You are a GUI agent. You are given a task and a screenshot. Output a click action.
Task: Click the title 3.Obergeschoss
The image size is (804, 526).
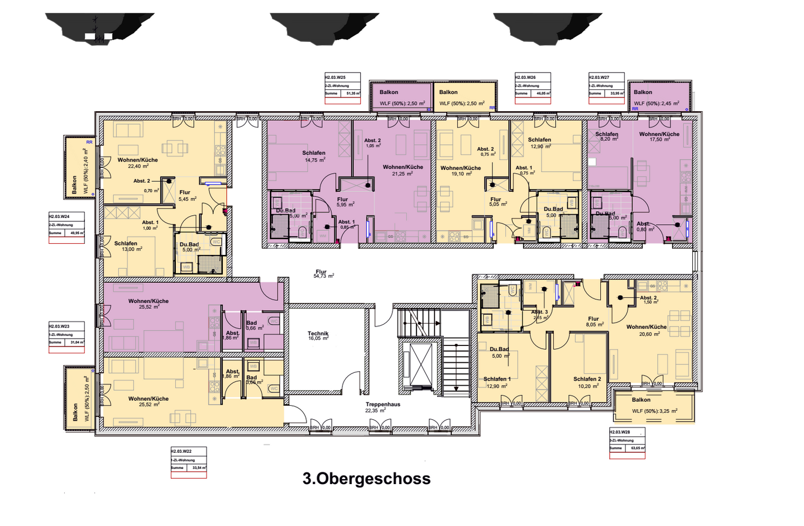pyautogui.click(x=366, y=478)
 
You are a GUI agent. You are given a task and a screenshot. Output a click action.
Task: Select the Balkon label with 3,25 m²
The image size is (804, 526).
pyautogui.click(x=642, y=400)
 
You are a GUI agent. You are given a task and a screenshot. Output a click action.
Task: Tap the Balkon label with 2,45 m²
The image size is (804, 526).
pyautogui.click(x=643, y=92)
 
